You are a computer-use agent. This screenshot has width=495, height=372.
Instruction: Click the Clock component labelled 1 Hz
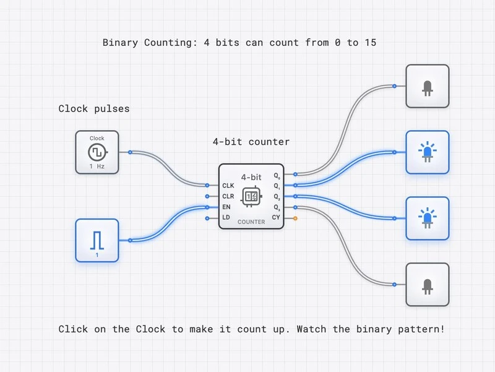(97, 152)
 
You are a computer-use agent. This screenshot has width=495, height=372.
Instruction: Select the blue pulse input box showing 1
(97, 240)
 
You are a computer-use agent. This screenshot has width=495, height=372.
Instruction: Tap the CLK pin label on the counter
(228, 185)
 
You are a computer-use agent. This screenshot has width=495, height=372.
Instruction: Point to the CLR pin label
(228, 196)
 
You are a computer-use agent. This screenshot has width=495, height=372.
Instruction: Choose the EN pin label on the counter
(226, 207)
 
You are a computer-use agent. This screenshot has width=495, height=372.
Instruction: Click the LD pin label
(226, 218)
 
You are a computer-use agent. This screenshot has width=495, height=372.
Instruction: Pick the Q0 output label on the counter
(277, 175)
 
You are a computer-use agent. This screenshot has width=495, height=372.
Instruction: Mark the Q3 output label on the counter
(277, 207)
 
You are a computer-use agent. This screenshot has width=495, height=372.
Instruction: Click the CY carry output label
(276, 218)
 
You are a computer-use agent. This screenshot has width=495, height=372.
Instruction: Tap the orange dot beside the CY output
(295, 218)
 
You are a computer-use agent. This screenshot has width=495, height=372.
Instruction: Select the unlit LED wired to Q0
(427, 86)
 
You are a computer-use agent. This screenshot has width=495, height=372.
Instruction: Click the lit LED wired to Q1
(427, 152)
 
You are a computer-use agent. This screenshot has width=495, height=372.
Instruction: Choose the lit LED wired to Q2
(427, 218)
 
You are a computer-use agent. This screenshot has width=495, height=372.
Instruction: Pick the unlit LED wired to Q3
(427, 284)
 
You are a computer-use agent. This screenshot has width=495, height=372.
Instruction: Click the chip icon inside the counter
(251, 196)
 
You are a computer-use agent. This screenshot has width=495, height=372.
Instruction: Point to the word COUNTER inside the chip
(251, 222)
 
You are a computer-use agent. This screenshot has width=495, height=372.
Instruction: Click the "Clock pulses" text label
(94, 109)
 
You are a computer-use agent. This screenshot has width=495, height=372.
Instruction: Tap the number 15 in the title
(369, 43)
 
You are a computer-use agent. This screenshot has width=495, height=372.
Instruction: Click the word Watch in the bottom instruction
(311, 329)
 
